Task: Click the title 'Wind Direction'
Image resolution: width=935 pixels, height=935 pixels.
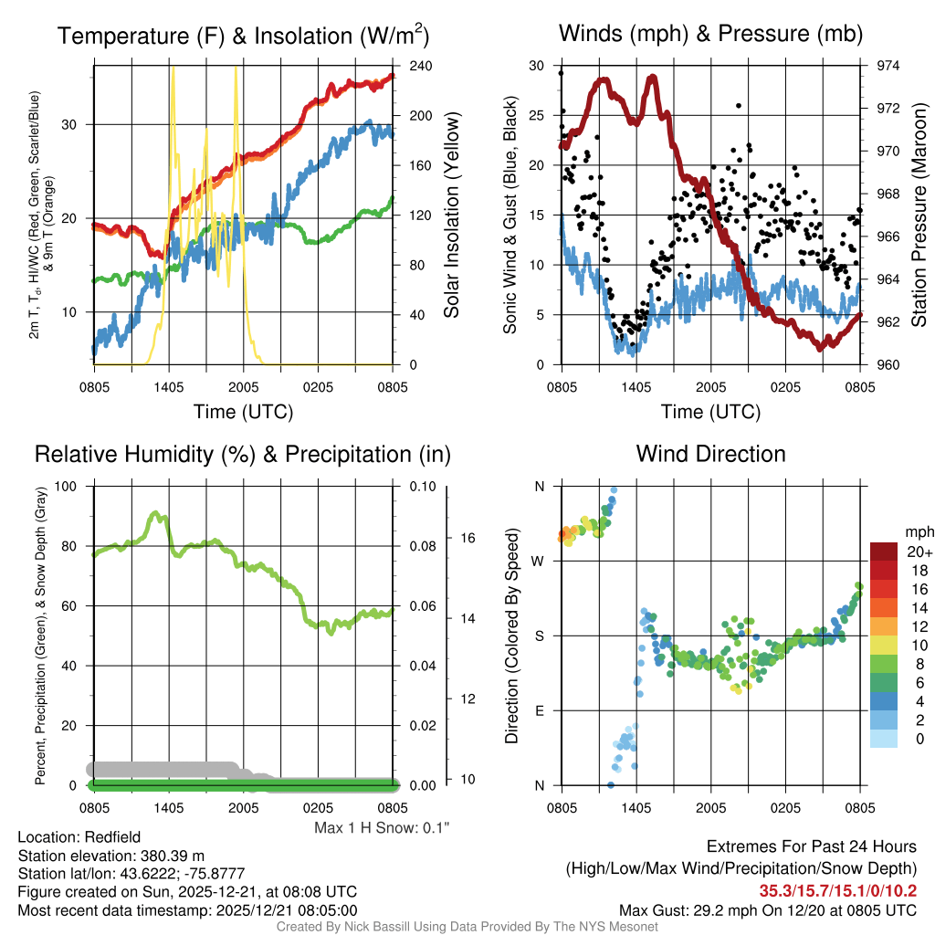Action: [710, 454]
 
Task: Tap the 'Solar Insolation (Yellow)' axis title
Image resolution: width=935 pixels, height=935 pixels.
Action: [451, 215]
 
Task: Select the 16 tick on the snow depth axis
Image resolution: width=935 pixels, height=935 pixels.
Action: [465, 538]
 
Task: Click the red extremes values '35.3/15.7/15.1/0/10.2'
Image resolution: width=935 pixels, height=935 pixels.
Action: [838, 890]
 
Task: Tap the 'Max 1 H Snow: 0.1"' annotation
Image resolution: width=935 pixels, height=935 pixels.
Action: [383, 827]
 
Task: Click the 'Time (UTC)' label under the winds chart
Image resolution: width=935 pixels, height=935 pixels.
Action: [710, 412]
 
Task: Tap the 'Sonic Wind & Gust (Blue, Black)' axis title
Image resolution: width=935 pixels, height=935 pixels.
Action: [511, 215]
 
